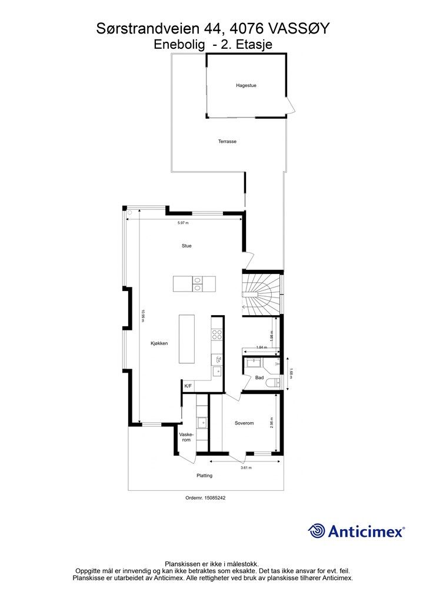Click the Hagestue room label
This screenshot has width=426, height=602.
[246, 85]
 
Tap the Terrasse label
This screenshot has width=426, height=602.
[227, 141]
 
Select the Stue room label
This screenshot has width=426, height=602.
[187, 246]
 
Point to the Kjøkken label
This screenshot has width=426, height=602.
[159, 343]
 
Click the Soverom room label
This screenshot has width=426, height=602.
[244, 423]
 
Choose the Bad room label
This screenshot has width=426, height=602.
[259, 378]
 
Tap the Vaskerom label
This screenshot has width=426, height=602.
[187, 437]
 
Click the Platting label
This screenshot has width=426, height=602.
[204, 475]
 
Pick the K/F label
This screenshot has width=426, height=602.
[188, 386]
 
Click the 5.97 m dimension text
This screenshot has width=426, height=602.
[183, 223]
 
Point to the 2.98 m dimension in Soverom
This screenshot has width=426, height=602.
[272, 423]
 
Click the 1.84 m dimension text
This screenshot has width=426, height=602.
[261, 347]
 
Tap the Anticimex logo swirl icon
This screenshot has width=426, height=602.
[317, 531]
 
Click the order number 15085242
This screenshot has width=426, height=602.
[216, 497]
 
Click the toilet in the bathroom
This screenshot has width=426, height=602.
[274, 382]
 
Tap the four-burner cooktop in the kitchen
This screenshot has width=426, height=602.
[217, 335]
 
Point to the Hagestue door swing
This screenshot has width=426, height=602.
[291, 105]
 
